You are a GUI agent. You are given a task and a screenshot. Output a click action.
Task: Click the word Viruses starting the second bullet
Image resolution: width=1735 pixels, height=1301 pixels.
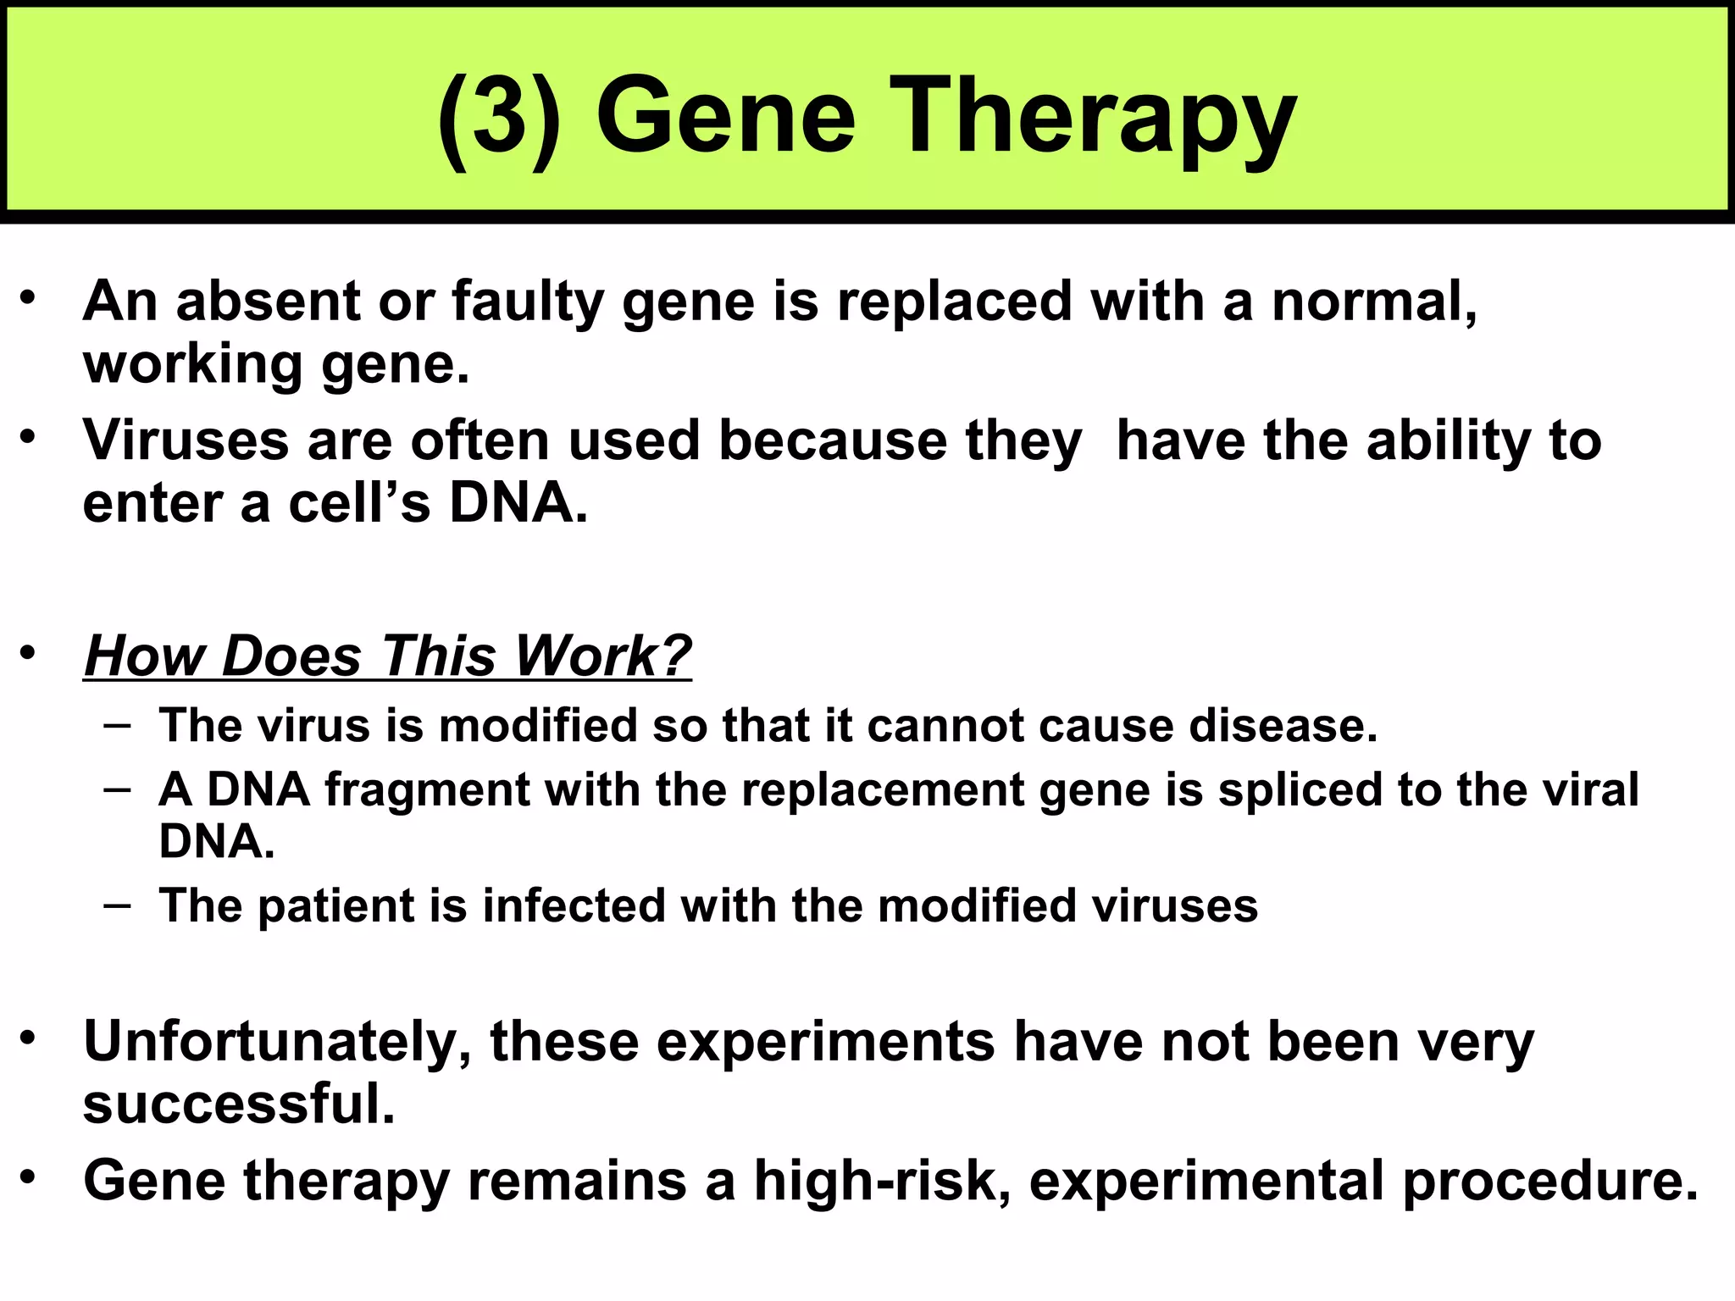(x=186, y=440)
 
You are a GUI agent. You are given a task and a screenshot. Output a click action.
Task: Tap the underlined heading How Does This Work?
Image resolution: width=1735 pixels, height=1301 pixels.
(x=388, y=656)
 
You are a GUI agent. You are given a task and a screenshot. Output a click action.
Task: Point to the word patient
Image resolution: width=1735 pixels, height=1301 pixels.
(x=335, y=906)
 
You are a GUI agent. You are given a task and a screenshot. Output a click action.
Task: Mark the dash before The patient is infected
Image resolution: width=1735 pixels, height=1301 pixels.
(x=118, y=905)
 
